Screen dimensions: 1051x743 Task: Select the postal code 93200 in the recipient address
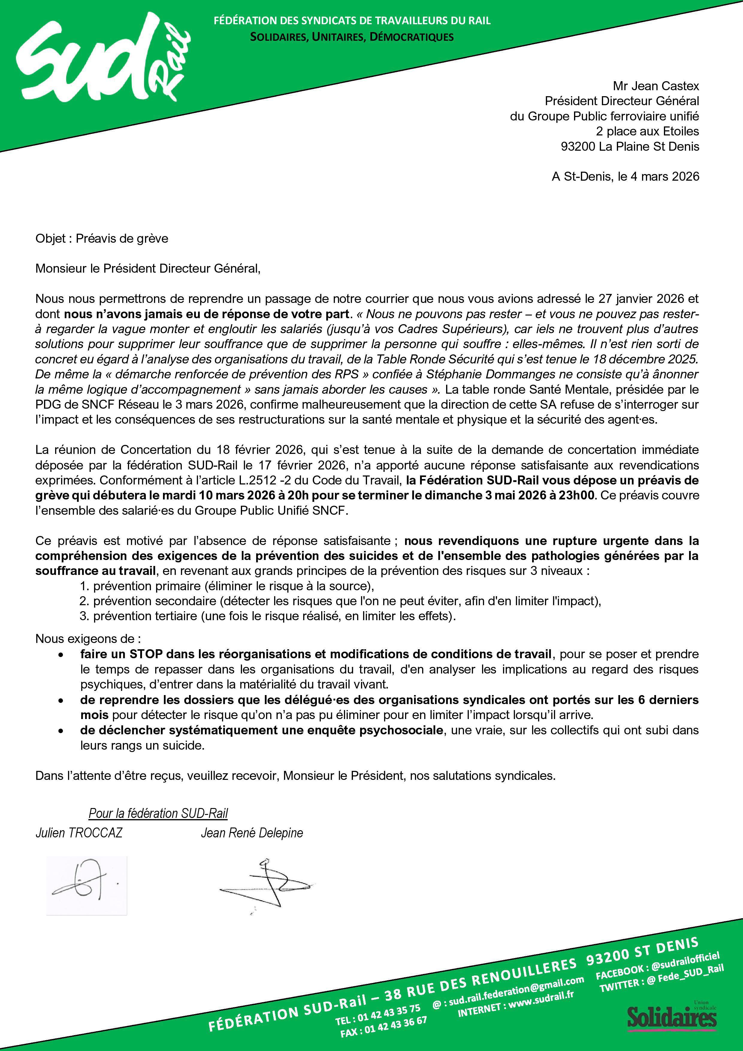pos(577,147)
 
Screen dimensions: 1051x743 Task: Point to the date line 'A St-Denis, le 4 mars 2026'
pos(625,177)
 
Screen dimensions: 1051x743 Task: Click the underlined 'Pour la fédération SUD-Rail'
pos(158,813)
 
